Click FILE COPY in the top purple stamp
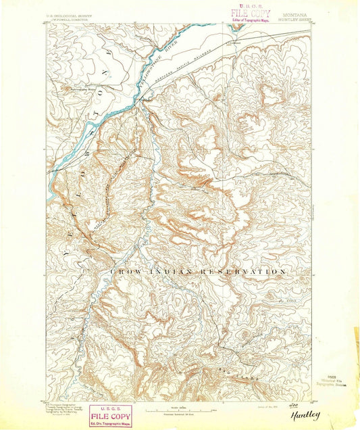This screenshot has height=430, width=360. pos(251,14)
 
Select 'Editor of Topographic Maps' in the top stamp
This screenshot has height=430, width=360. pos(251,20)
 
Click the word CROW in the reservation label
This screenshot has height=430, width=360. pos(125,270)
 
